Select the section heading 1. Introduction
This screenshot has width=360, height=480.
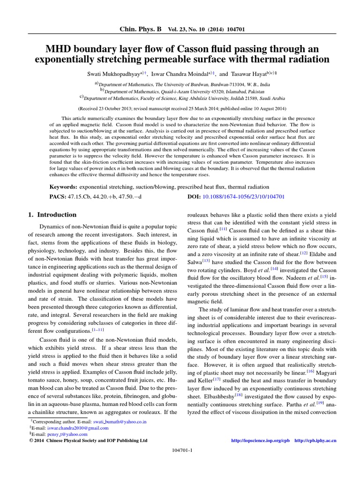click(x=52, y=215)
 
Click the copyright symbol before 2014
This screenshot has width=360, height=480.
click(x=31, y=441)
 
